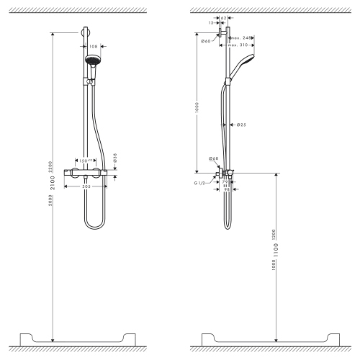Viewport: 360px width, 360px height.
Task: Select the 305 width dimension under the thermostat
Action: click(x=86, y=186)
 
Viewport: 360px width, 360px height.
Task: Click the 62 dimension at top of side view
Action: click(x=224, y=17)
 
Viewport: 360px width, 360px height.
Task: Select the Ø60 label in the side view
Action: click(x=206, y=42)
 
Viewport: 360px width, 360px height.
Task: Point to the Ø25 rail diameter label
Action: click(x=241, y=124)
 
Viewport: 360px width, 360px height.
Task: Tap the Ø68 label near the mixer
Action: click(x=213, y=158)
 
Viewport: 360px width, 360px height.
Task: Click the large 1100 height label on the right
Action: click(x=275, y=249)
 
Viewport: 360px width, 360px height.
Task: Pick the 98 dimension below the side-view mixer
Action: click(x=226, y=189)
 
